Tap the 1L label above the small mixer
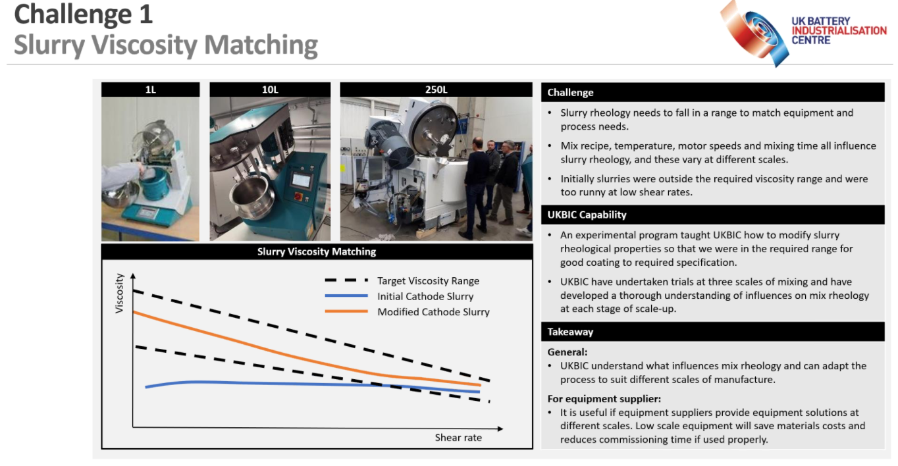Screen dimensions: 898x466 (150, 90)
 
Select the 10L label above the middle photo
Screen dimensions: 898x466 (270, 90)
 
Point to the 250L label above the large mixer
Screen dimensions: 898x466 (436, 90)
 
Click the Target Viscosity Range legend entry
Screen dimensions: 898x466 (402, 280)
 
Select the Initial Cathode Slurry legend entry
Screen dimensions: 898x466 (399, 296)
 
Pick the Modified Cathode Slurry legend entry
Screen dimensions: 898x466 (407, 312)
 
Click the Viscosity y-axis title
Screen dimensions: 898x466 (119, 293)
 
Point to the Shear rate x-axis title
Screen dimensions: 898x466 (458, 438)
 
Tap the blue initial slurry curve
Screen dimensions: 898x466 (313, 384)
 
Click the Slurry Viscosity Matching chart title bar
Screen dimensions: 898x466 (317, 251)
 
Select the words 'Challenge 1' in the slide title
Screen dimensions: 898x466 (84, 14)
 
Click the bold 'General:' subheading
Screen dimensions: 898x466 (568, 352)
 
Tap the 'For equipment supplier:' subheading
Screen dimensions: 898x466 (604, 399)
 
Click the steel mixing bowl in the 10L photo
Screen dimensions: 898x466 (250, 196)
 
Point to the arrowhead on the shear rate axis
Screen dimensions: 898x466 (500, 428)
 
